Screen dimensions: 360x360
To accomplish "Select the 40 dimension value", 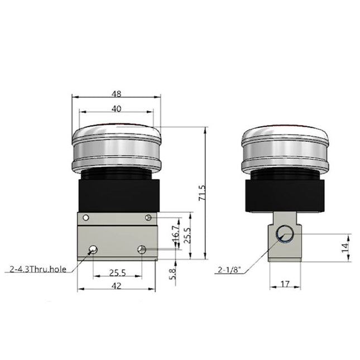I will (116, 109).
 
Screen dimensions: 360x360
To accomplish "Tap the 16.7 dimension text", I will (175, 233).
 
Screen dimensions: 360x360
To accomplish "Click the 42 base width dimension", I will (116, 286).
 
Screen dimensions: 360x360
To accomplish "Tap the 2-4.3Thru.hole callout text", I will (38, 269).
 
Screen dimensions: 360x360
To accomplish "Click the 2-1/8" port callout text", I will (230, 271).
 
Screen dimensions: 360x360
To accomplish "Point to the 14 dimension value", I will (345, 246).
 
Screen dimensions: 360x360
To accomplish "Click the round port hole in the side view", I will (285, 235).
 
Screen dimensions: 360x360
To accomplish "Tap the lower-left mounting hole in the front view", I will (92, 249).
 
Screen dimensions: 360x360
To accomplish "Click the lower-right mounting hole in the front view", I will (142, 249).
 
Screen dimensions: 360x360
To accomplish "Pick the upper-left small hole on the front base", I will (85, 218).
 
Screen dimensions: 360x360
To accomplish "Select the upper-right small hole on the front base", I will (148, 218).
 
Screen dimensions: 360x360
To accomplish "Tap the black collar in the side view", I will (285, 193).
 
